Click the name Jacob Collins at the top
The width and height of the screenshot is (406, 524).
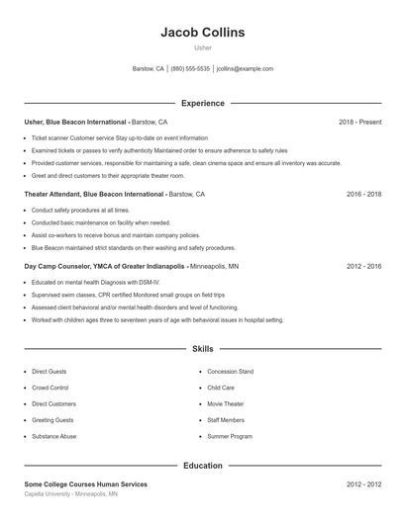pos(202,33)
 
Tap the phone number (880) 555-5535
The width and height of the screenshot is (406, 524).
pos(190,69)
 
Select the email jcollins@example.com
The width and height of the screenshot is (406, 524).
pos(245,69)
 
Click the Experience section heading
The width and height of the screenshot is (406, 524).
pos(202,103)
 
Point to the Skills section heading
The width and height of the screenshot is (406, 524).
pos(202,349)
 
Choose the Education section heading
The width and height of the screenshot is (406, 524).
pos(202,465)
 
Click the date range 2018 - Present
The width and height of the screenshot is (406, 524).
pos(359,122)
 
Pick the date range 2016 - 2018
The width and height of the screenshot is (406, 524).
pos(363,195)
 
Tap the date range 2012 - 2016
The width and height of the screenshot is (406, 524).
pos(363,267)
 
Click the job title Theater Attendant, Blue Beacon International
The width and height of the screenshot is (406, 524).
pos(94,195)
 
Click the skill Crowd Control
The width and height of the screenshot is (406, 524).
pos(50,388)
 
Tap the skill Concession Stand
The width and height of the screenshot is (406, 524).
pos(230,372)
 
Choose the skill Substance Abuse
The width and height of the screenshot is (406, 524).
pos(53,436)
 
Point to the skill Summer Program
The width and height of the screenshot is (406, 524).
pos(229,436)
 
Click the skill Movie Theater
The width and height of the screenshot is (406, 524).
pos(227,403)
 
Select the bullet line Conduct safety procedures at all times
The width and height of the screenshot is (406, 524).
pos(80,211)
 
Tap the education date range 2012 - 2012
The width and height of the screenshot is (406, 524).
pos(363,484)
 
